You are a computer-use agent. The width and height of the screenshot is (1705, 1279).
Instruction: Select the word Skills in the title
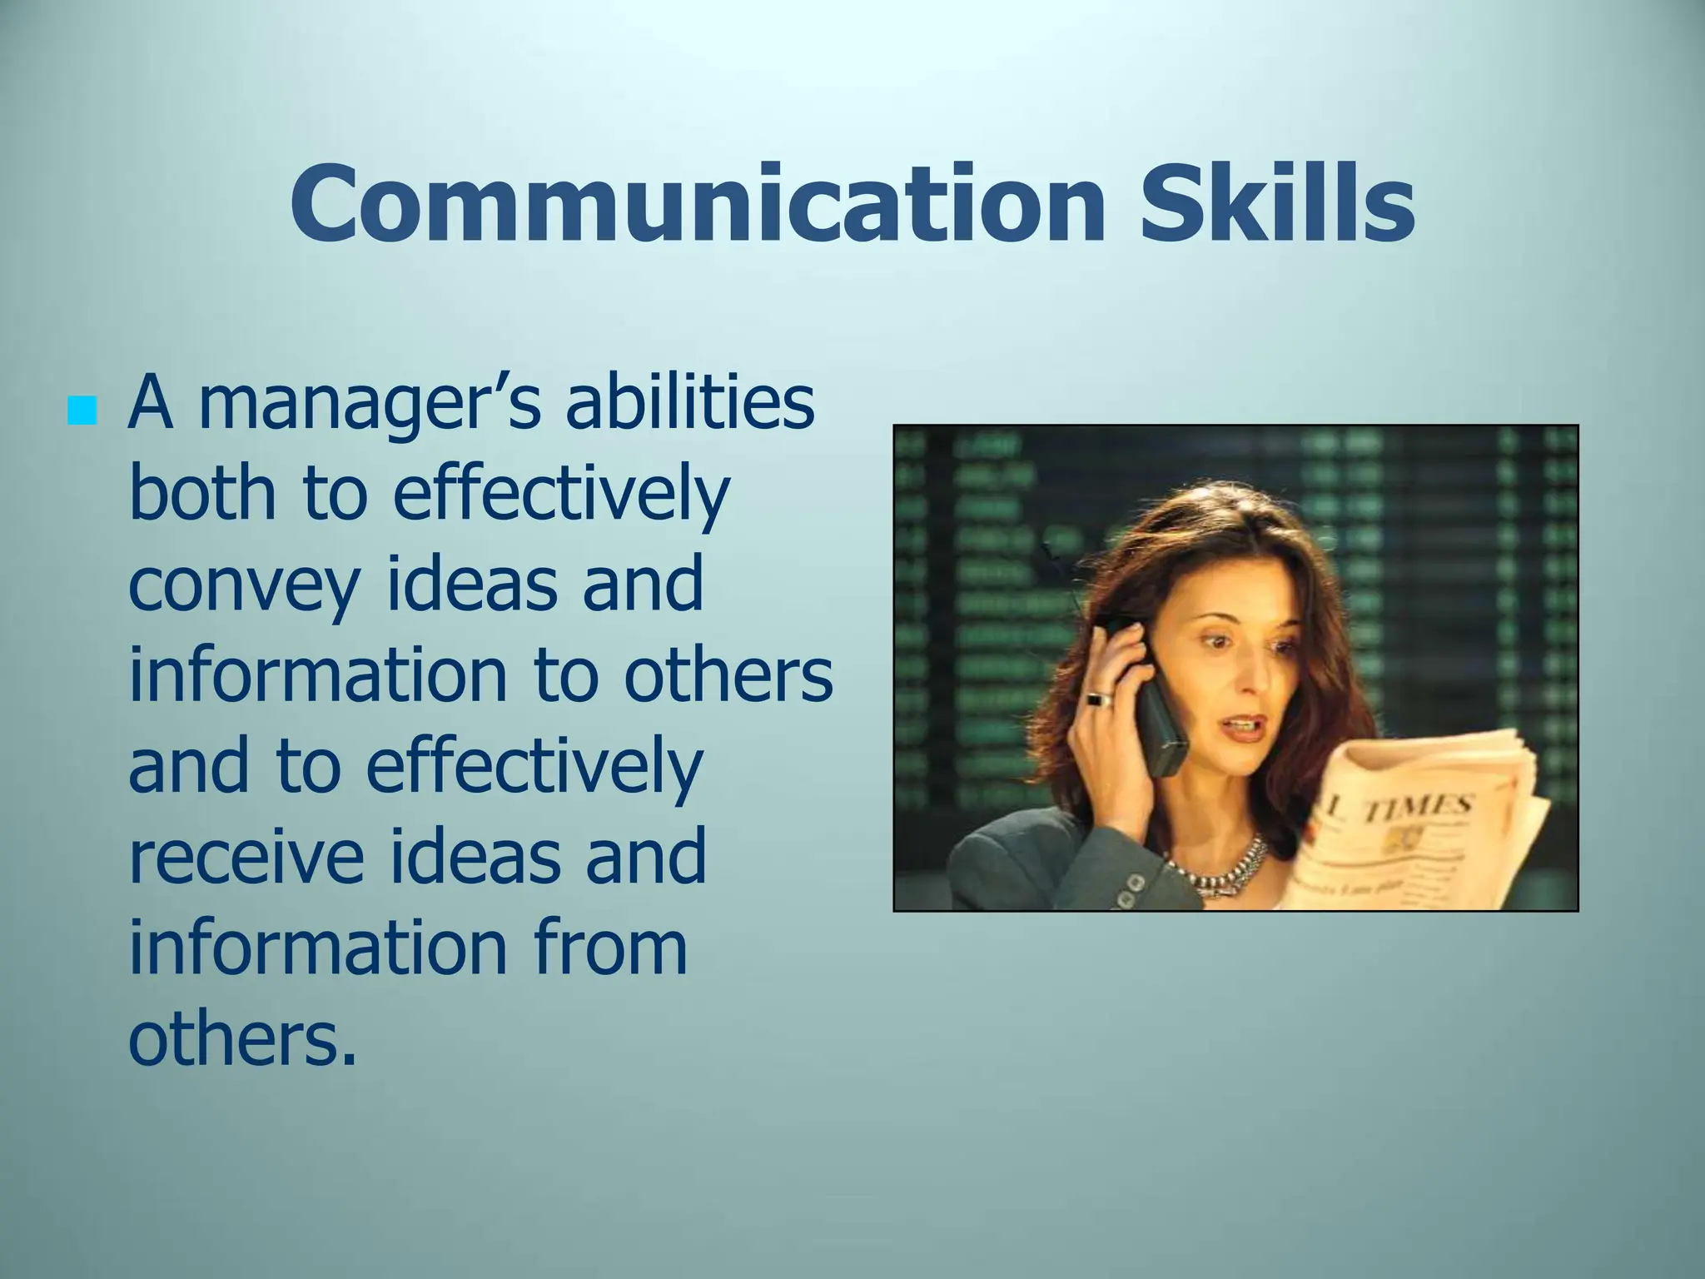pyautogui.click(x=1276, y=202)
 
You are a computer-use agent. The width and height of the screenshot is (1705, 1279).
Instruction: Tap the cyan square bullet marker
pyautogui.click(x=82, y=410)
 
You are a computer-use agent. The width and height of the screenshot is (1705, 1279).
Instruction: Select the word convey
pyautogui.click(x=243, y=585)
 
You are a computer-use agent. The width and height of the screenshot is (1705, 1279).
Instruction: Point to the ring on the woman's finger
pyautogui.click(x=1099, y=698)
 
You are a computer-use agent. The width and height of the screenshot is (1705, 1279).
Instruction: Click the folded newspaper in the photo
pyautogui.click(x=1415, y=824)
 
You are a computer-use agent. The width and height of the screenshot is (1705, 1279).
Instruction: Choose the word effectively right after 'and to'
pyautogui.click(x=534, y=766)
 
